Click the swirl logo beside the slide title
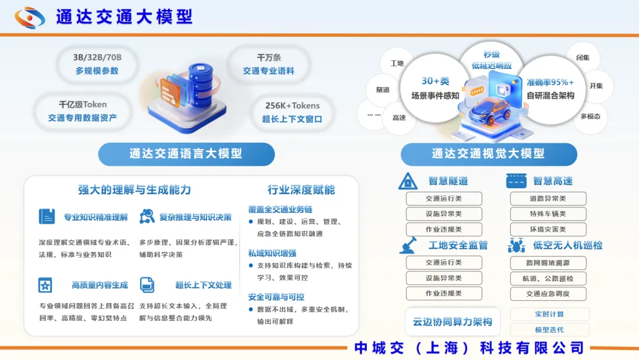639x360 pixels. [30, 18]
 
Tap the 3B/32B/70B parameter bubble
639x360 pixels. [97, 64]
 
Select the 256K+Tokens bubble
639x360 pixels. [292, 112]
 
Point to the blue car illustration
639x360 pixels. [491, 112]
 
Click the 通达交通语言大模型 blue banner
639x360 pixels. [186, 154]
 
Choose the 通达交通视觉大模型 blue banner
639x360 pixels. [489, 154]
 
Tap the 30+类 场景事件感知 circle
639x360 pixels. [435, 88]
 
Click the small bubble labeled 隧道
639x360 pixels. [383, 89]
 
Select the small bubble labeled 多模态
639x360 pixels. [590, 117]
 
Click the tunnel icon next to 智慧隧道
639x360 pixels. [408, 181]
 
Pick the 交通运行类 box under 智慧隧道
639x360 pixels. [444, 198]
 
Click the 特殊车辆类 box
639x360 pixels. [548, 214]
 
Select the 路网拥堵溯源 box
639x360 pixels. [548, 263]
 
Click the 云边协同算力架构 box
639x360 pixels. [453, 322]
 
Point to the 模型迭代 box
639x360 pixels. [549, 330]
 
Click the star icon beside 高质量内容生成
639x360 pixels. [45, 285]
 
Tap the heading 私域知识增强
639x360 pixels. [272, 253]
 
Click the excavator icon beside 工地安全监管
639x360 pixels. [408, 245]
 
